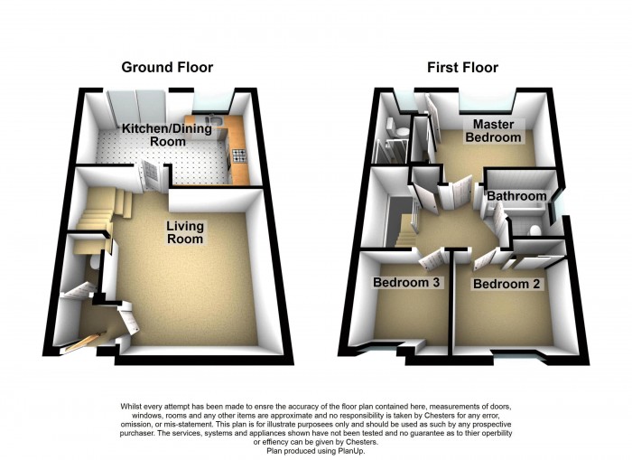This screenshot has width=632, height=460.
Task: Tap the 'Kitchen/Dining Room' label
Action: [x=167, y=135]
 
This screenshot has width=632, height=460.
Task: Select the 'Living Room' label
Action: [x=184, y=232]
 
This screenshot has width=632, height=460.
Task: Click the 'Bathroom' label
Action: [x=517, y=196]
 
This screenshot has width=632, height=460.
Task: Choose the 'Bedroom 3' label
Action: [x=405, y=283]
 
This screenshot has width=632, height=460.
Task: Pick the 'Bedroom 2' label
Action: [x=500, y=284]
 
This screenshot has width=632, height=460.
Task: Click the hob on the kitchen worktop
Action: [x=241, y=156]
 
